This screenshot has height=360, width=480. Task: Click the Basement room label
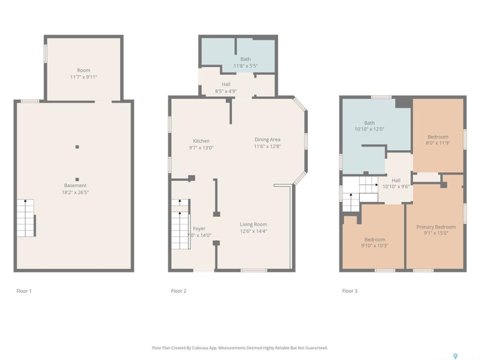(75, 185)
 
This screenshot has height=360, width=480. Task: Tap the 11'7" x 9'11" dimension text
(83, 77)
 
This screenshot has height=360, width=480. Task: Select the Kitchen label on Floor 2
(201, 141)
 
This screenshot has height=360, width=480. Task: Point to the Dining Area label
(267, 139)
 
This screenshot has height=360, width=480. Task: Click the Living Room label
(253, 224)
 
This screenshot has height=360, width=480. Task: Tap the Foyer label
(199, 228)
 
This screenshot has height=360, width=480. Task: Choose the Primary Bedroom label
(436, 227)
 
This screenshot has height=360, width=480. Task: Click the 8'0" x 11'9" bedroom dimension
(438, 143)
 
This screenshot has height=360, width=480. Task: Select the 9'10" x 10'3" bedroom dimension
(374, 245)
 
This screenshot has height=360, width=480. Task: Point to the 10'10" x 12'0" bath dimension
(369, 129)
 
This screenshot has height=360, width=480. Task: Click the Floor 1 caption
(24, 291)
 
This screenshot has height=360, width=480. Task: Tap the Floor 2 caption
(178, 291)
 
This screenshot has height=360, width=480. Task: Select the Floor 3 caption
(349, 291)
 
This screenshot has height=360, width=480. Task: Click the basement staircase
(25, 218)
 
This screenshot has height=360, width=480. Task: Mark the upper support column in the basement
(77, 147)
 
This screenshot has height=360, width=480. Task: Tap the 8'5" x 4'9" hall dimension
(226, 91)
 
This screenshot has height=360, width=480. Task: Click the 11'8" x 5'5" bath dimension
(245, 66)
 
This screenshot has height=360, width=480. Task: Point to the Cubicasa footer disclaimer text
(240, 348)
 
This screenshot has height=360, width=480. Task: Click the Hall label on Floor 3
(396, 180)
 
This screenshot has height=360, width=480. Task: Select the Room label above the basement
(83, 70)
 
